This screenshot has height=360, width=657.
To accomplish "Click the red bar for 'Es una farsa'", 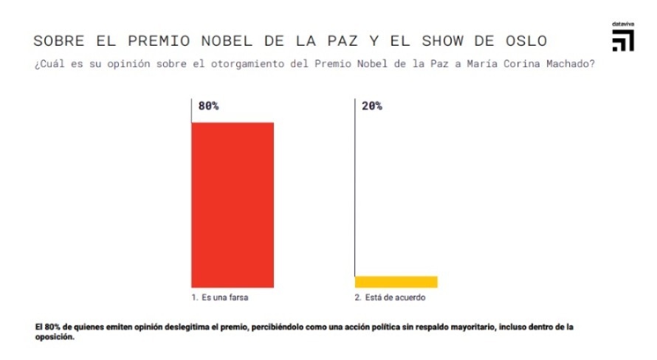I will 233,204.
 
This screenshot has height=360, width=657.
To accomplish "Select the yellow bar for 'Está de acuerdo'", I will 396,282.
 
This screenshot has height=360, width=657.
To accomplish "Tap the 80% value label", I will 208,106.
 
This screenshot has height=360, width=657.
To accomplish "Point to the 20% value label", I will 371,106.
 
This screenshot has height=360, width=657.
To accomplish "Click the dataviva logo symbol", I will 622,41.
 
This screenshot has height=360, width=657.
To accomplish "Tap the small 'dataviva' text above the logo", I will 622,24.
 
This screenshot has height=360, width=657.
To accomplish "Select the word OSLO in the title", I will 523,40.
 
